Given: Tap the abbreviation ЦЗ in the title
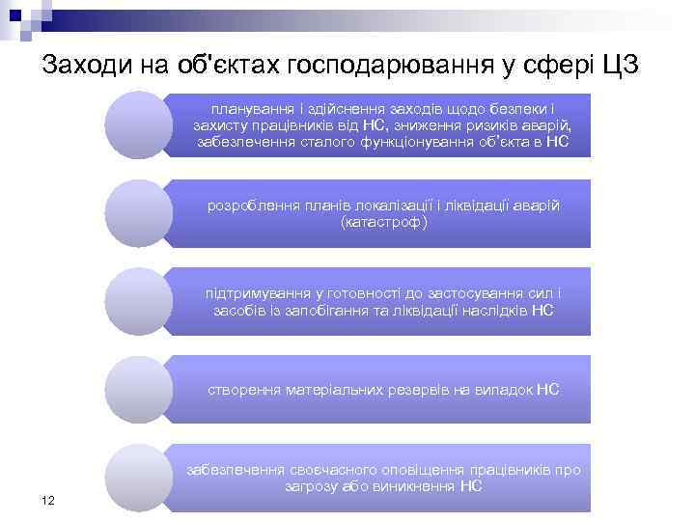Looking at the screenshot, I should pos(620,66).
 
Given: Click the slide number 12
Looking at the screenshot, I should pos(47,499).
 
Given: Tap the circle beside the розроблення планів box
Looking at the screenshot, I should pos(137,213).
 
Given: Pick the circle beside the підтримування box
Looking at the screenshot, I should pos(137,301).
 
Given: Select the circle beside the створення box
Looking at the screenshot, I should pos(137,390).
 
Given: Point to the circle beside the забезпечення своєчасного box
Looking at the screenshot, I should pos(137,478).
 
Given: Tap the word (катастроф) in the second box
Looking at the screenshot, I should pos(384,222).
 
